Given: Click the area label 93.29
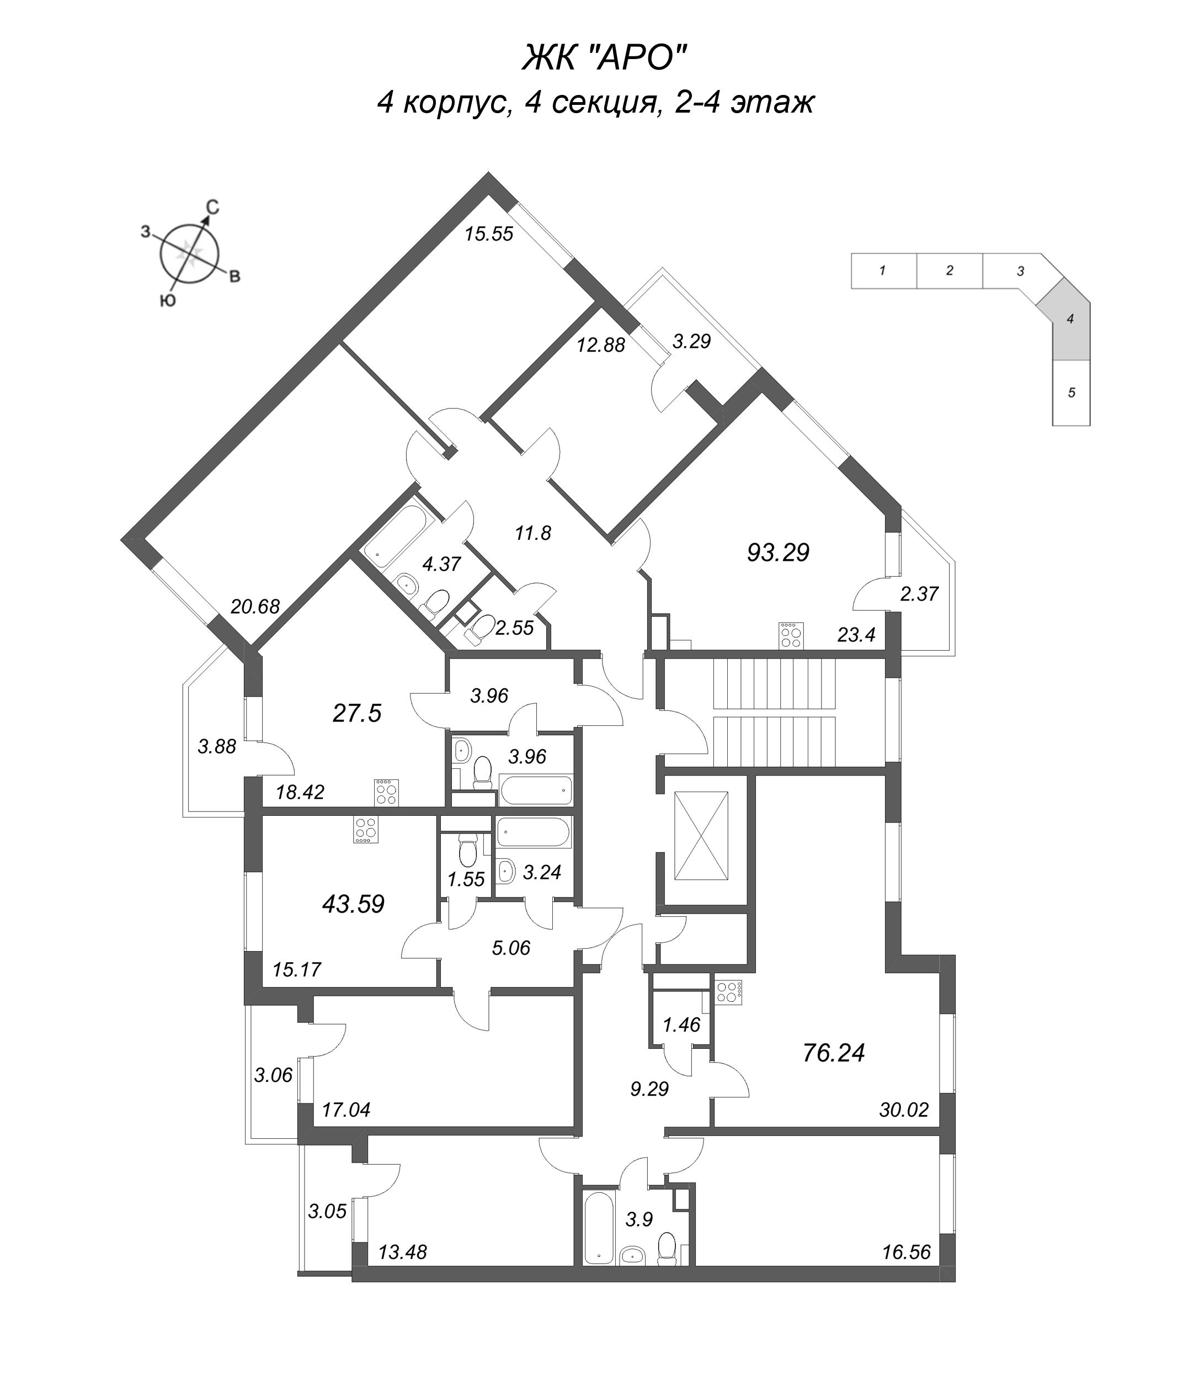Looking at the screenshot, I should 777,553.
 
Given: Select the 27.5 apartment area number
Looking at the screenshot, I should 356,713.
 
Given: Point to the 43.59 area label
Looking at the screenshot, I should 353,904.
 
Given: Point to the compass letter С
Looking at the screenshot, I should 211,208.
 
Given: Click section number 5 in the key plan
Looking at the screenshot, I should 1072,392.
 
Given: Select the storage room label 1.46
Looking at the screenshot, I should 681,1024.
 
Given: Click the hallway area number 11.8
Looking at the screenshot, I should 533,533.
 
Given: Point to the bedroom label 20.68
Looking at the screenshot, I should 255,606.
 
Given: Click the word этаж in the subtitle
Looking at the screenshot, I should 773,103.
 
